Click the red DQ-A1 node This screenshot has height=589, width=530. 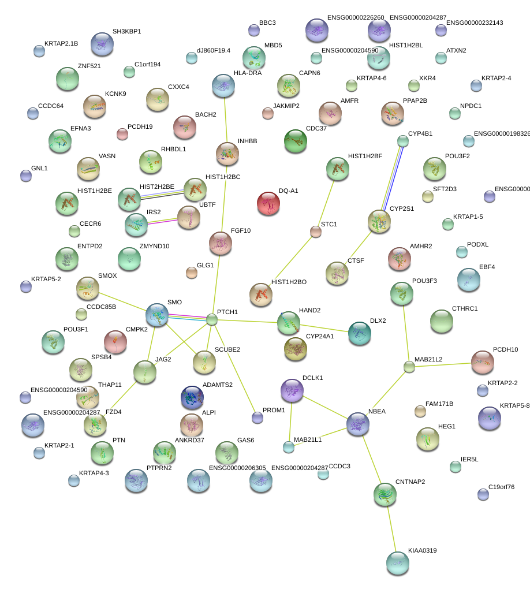pyautogui.click(x=268, y=204)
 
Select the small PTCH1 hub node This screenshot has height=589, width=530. pyautogui.click(x=212, y=319)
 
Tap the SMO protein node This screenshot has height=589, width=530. pyautogui.click(x=157, y=314)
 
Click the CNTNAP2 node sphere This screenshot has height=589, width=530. pyautogui.click(x=385, y=493)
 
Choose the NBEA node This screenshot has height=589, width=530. pyautogui.click(x=358, y=424)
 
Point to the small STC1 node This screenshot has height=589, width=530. pyautogui.click(x=315, y=232)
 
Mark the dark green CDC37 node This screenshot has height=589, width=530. pyautogui.click(x=296, y=141)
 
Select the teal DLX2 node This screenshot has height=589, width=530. pyautogui.click(x=359, y=333)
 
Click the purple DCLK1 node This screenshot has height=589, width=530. pyautogui.click(x=292, y=390)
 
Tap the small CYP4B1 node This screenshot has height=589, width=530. pyautogui.click(x=403, y=140)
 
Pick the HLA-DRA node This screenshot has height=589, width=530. pyautogui.click(x=223, y=85)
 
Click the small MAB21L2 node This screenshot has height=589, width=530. pyautogui.click(x=409, y=366)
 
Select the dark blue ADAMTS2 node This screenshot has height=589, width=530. pyautogui.click(x=192, y=397)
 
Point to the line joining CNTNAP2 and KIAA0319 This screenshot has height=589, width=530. pyautogui.click(x=391, y=528)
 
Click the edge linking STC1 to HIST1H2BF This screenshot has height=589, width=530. pyautogui.click(x=326, y=202)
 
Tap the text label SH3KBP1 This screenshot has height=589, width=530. pyautogui.click(x=126, y=31)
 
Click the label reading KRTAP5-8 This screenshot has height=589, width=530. pyautogui.click(x=514, y=405)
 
